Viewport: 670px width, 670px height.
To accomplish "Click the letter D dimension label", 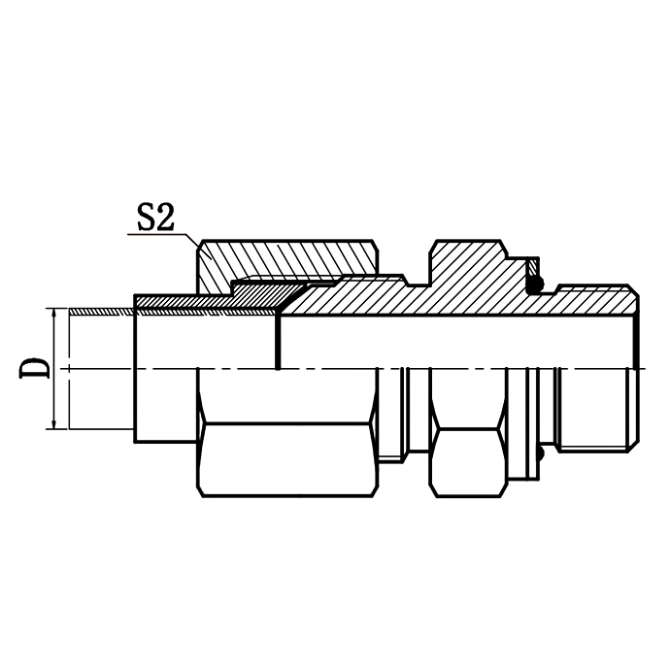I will (37, 369).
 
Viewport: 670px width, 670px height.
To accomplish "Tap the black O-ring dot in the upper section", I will (533, 284).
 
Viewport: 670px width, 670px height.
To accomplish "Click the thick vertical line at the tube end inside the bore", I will (279, 340).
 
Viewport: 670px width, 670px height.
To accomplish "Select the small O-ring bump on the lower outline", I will (537, 453).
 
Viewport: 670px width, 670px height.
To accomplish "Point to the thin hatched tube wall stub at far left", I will (97, 310).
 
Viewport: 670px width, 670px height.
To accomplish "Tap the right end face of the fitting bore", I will (637, 340).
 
